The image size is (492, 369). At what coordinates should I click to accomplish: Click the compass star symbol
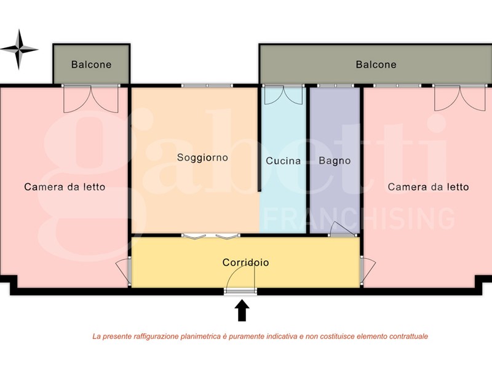click(x=18, y=49)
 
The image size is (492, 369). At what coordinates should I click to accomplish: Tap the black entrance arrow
click(x=242, y=311)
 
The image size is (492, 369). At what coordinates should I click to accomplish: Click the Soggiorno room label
click(x=202, y=157)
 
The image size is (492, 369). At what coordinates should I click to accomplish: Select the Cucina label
click(x=283, y=161)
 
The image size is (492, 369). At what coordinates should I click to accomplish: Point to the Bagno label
click(x=335, y=161)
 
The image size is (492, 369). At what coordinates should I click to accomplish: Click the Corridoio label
click(x=245, y=262)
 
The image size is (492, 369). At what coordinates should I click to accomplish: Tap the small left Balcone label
click(x=91, y=65)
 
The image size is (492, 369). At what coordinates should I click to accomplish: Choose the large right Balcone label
click(x=376, y=65)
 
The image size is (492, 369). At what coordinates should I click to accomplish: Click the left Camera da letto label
click(x=65, y=187)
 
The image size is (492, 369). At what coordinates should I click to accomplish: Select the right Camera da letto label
click(x=428, y=187)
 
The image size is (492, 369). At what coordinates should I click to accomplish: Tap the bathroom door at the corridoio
click(x=343, y=229)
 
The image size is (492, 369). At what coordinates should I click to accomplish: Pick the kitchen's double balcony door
click(x=284, y=95)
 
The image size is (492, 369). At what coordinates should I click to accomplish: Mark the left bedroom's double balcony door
click(x=91, y=99)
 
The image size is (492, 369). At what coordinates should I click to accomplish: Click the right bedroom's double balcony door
click(x=459, y=98)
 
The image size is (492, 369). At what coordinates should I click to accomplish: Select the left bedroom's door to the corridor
click(x=124, y=271)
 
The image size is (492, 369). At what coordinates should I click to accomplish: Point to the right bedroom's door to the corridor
click(x=367, y=271)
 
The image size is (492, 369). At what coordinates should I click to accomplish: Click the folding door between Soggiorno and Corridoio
click(x=210, y=236)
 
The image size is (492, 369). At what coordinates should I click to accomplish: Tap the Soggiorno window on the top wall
click(x=207, y=85)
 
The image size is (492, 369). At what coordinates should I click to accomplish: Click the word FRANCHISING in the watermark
click(x=359, y=218)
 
